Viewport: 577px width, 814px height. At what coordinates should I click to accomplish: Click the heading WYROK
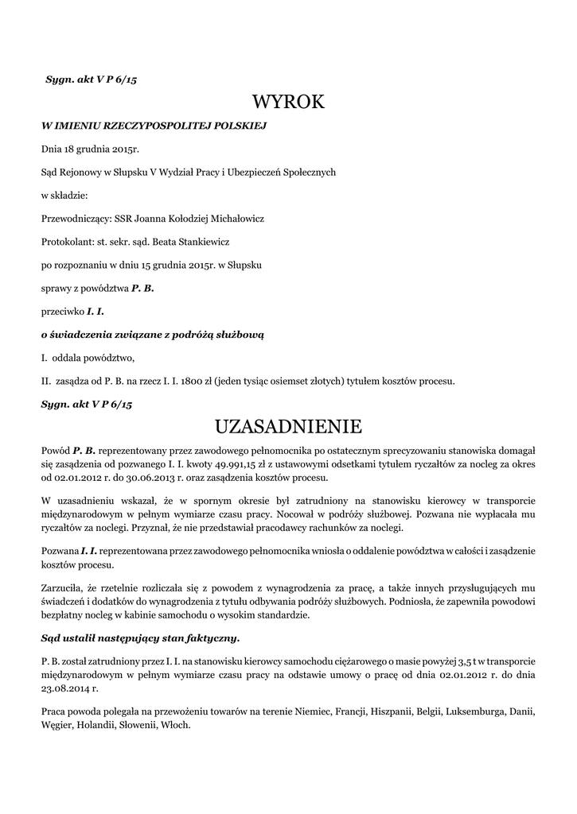click(288, 103)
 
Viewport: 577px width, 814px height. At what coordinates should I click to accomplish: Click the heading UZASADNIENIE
click(288, 427)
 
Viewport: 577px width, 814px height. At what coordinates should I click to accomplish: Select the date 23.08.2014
click(64, 690)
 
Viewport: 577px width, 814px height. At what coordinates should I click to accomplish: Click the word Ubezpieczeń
click(262, 172)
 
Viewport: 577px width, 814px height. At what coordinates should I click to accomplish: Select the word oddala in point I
click(68, 358)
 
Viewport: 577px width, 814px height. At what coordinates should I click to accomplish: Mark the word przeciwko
click(62, 312)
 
